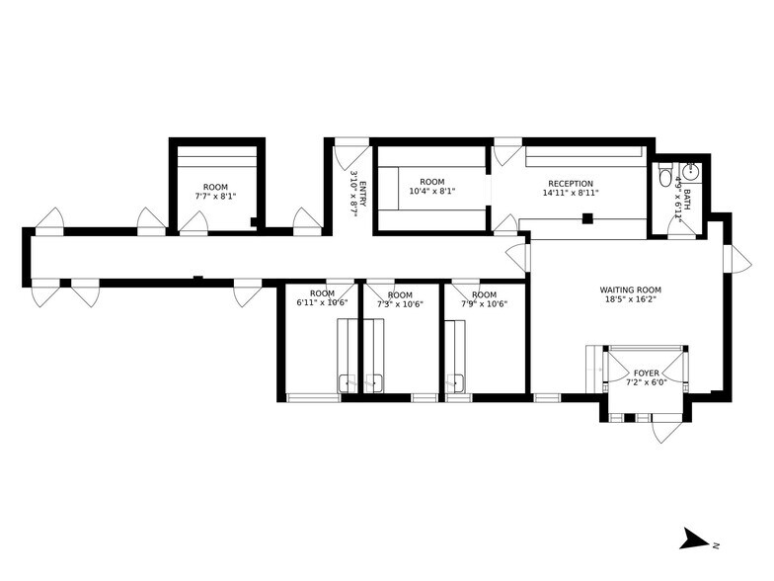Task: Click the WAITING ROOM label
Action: click(x=630, y=290)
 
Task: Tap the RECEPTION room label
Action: click(x=571, y=183)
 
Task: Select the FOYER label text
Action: click(x=647, y=373)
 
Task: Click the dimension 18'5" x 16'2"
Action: click(x=630, y=300)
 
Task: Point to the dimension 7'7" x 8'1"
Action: click(x=215, y=197)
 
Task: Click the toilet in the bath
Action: click(x=666, y=177)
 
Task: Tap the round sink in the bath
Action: click(x=691, y=171)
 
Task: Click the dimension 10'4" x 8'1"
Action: click(x=432, y=192)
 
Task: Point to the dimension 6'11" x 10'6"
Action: click(x=323, y=304)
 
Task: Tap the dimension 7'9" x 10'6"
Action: click(x=484, y=304)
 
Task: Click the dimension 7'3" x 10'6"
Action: click(x=400, y=304)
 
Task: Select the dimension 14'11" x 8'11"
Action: click(x=571, y=194)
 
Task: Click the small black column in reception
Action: click(x=586, y=218)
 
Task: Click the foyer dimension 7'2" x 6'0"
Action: click(x=647, y=382)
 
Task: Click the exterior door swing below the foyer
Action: click(x=666, y=431)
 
